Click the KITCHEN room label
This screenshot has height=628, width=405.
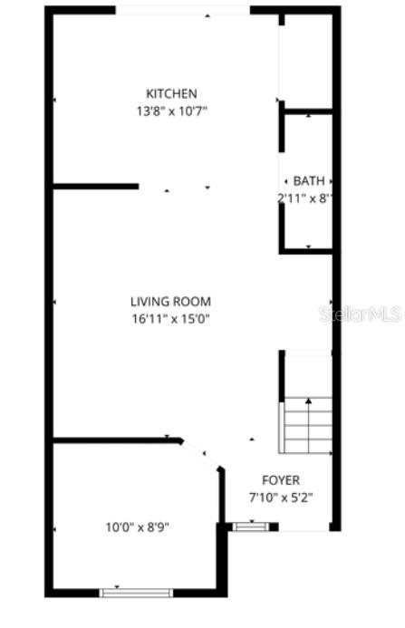pyautogui.click(x=171, y=93)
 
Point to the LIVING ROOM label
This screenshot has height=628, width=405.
pyautogui.click(x=170, y=302)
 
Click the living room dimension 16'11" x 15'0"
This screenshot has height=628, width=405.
pyautogui.click(x=170, y=318)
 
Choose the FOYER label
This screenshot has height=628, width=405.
pyautogui.click(x=280, y=480)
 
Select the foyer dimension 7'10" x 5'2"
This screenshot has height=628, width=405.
pyautogui.click(x=280, y=497)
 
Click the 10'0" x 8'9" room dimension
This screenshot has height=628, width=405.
pyautogui.click(x=136, y=526)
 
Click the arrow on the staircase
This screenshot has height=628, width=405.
pyautogui.click(x=308, y=400)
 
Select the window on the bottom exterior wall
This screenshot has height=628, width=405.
pyautogui.click(x=136, y=592)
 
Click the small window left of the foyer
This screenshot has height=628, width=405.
pyautogui.click(x=251, y=526)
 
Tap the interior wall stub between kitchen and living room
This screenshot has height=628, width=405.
pyautogui.click(x=95, y=187)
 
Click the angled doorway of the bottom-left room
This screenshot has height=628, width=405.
pyautogui.click(x=201, y=454)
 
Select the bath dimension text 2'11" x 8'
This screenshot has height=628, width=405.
pyautogui.click(x=306, y=198)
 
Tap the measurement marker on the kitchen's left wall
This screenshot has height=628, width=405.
pyautogui.click(x=54, y=100)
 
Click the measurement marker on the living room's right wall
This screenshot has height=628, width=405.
pyautogui.click(x=331, y=301)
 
